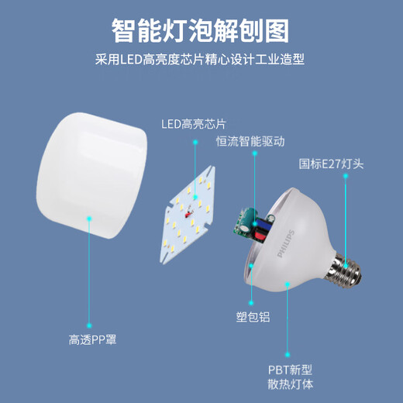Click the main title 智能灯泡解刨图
[200, 31]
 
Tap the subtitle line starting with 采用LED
[200, 60]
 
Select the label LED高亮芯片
[194, 124]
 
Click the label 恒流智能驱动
[250, 141]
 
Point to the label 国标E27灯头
[331, 164]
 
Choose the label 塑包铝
[253, 317]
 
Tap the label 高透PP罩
[92, 339]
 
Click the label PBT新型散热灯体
[291, 377]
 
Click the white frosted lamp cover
[91, 176]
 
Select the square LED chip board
[188, 215]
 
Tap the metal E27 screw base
[344, 270]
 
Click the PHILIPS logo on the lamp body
[285, 244]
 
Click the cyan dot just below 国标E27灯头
[346, 176]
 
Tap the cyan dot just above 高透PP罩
[89, 325]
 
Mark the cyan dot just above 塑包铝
[251, 303]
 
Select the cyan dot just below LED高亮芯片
[195, 142]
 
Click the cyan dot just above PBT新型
[288, 354]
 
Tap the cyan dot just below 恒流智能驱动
[255, 153]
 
